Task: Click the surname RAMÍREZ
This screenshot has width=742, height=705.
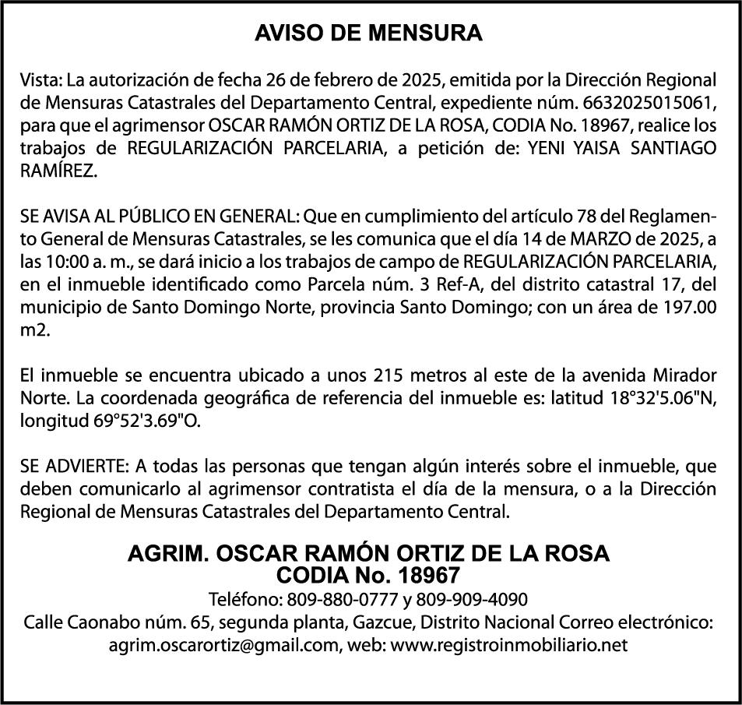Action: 59,171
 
